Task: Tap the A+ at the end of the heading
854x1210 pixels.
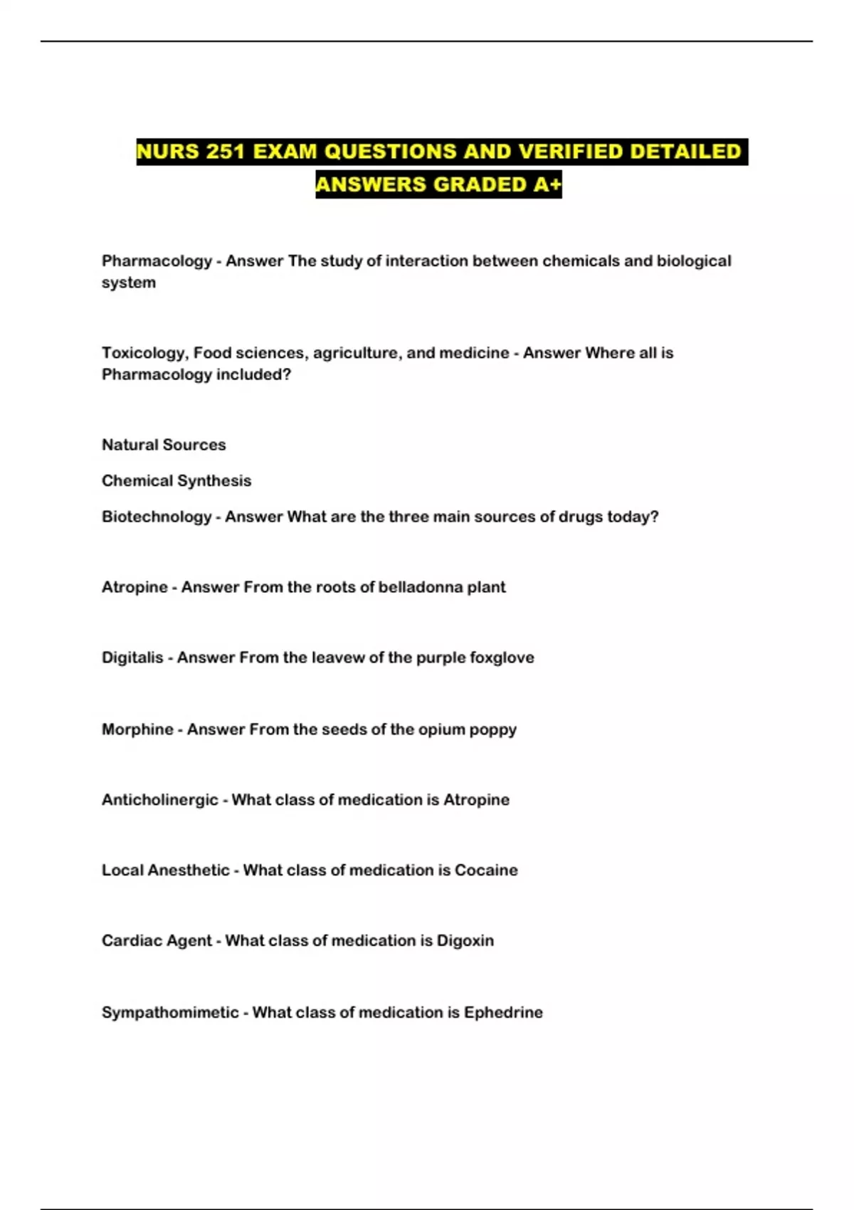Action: tap(547, 184)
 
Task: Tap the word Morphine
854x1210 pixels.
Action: tap(137, 730)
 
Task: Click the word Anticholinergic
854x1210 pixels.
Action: tap(159, 800)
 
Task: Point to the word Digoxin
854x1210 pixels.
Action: tap(465, 941)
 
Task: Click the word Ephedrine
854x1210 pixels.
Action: tap(503, 1012)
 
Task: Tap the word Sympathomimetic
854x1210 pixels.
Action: tap(170, 1012)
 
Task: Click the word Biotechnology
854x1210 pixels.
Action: tap(157, 517)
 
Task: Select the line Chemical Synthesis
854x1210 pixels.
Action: tap(176, 481)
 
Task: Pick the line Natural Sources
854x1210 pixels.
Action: tap(164, 445)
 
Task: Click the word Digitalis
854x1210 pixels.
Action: tap(132, 658)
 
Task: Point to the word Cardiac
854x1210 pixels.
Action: tap(128, 941)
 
